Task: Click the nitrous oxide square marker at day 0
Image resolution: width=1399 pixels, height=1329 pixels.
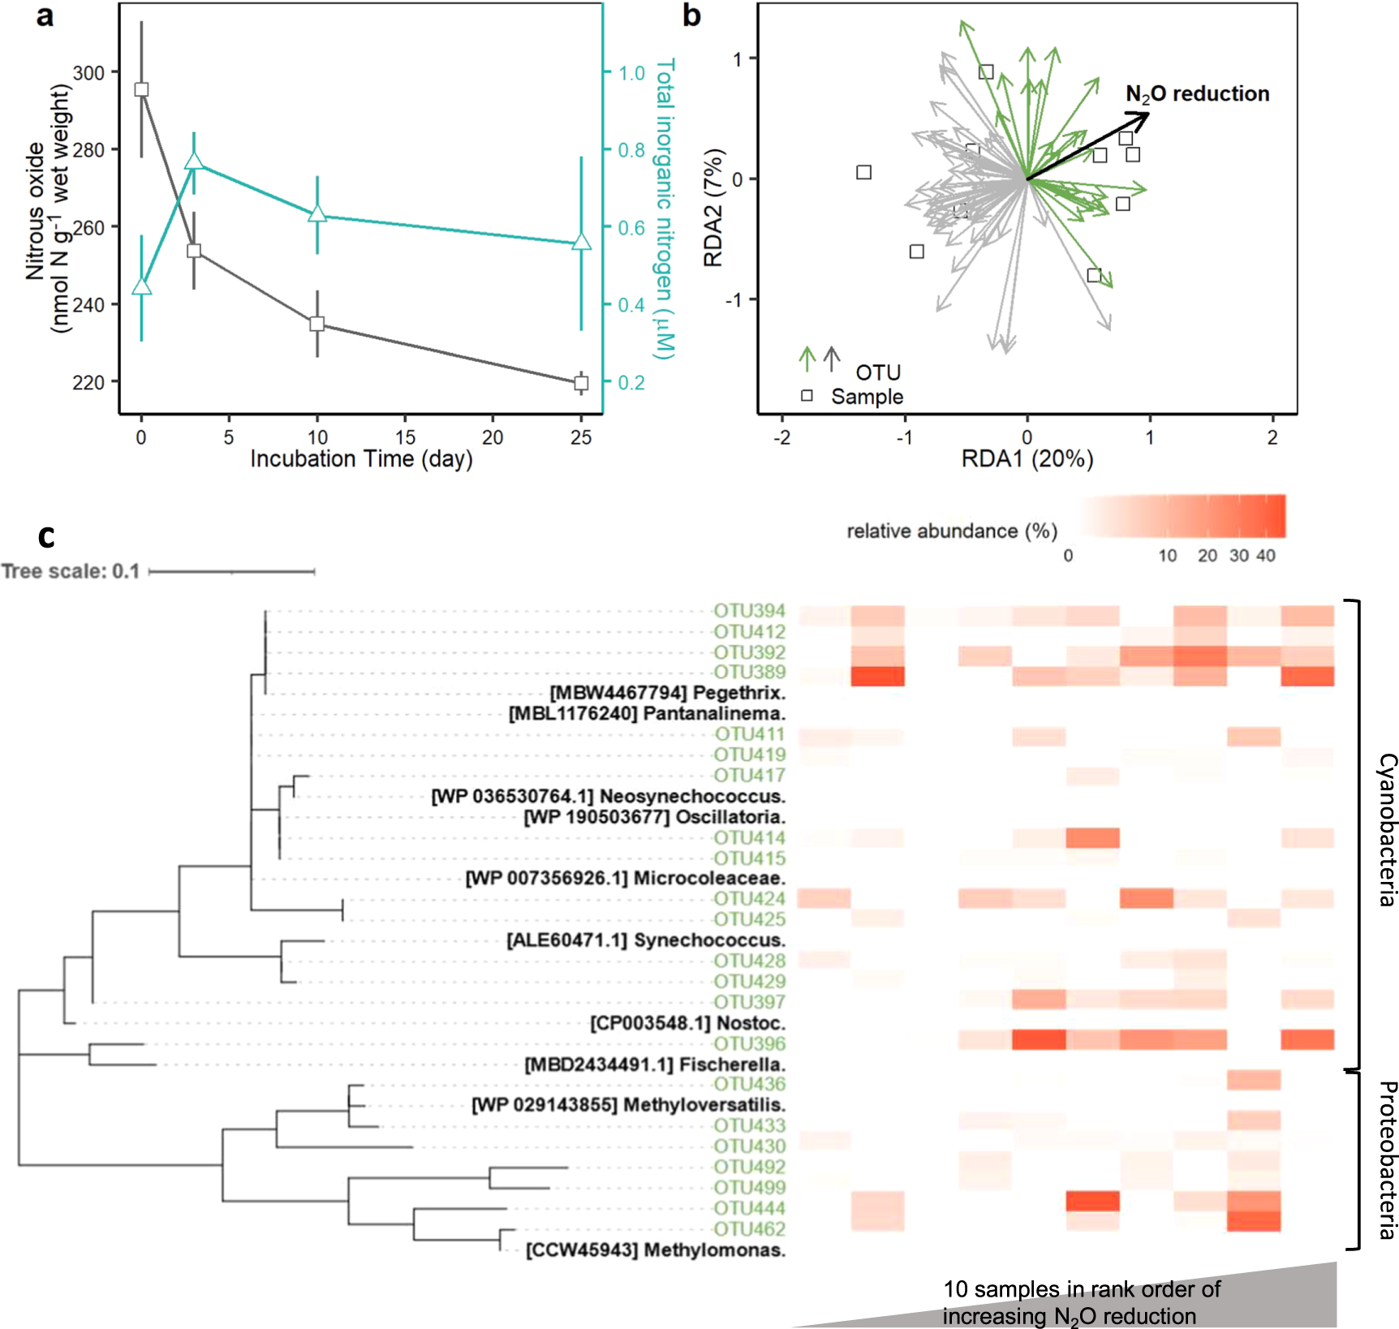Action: click(x=141, y=89)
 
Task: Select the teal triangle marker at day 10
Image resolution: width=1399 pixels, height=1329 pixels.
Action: click(x=317, y=214)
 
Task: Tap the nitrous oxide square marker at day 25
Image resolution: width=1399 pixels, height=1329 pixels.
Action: click(x=581, y=383)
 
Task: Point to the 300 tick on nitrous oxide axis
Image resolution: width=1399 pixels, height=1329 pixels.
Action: click(x=89, y=73)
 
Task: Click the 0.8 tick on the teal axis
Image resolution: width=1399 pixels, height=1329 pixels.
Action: click(x=631, y=150)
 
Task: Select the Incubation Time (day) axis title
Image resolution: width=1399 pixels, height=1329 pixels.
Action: click(x=361, y=459)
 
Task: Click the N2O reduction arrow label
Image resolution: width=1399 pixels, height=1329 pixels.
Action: click(x=1197, y=95)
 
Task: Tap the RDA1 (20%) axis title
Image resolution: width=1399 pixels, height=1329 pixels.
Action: click(x=1027, y=459)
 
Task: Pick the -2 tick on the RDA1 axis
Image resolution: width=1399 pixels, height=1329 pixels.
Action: click(x=782, y=437)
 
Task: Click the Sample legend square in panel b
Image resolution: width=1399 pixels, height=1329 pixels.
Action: click(x=807, y=396)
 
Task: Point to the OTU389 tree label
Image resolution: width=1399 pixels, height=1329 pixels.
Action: click(x=749, y=672)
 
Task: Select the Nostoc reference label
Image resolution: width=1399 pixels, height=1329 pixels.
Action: click(x=687, y=1022)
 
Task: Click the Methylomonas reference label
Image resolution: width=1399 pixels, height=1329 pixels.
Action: click(x=656, y=1249)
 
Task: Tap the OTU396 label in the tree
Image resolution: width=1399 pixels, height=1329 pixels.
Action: click(x=749, y=1043)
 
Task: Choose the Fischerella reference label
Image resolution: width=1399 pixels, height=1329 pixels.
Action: click(x=655, y=1064)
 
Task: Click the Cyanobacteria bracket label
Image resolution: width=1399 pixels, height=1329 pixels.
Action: click(x=1387, y=829)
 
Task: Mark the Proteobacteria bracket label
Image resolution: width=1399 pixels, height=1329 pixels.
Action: click(x=1387, y=1159)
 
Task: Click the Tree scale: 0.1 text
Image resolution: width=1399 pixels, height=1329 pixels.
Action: click(x=71, y=571)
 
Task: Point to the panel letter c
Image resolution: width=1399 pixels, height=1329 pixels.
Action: click(x=46, y=536)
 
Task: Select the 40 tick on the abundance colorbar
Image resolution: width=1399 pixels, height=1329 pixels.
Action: click(x=1266, y=556)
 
